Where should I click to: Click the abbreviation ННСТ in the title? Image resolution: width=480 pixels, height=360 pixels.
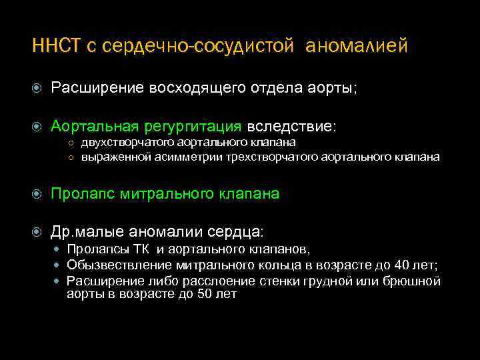click(x=56, y=46)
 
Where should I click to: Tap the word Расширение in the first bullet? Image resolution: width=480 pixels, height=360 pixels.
click(x=98, y=89)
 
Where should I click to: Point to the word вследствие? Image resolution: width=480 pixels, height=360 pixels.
click(x=292, y=126)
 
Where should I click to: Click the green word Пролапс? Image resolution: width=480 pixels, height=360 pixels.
click(x=84, y=194)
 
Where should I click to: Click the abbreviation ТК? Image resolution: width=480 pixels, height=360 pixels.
click(x=141, y=250)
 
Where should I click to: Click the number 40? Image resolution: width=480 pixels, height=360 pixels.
click(x=399, y=265)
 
